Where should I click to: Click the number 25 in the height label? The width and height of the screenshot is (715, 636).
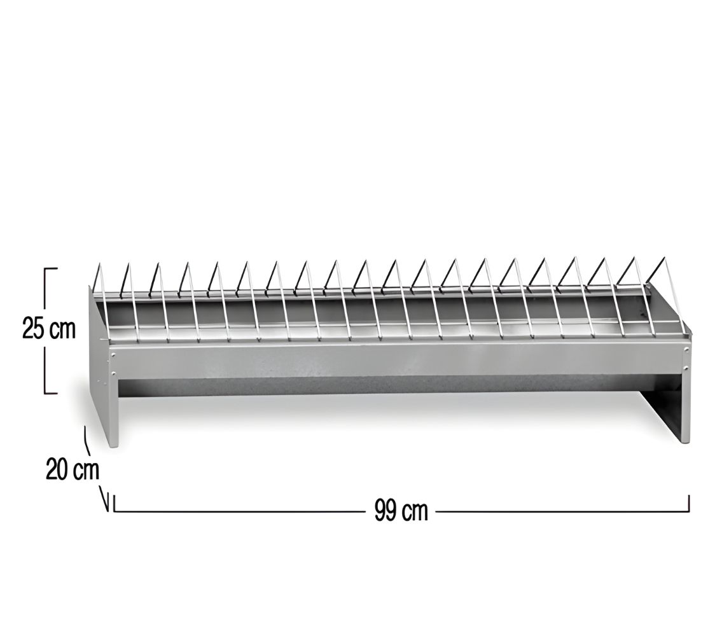click(34, 329)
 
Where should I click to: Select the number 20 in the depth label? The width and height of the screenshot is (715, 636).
click(57, 470)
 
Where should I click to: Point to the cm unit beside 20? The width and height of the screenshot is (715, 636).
click(86, 471)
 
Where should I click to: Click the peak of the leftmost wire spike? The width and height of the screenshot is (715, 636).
click(99, 263)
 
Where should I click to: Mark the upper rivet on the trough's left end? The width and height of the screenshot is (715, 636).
click(113, 354)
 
